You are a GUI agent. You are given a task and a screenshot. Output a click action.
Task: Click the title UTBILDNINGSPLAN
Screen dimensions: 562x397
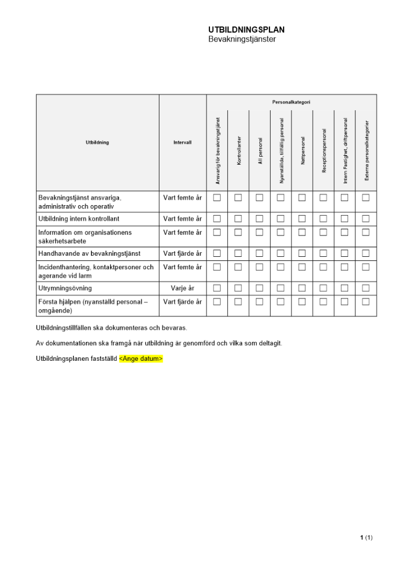242,30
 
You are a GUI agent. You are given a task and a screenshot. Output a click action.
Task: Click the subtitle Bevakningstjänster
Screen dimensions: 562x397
242,39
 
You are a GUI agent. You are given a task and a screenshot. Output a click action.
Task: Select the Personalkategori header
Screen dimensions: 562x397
291,102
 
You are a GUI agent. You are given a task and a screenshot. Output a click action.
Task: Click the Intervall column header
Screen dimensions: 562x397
182,143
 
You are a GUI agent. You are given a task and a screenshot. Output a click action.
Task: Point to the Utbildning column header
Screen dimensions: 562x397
98,143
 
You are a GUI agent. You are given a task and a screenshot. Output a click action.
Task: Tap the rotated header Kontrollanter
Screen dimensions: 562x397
239,149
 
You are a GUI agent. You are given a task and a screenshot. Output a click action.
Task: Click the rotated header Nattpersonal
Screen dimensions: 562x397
302,149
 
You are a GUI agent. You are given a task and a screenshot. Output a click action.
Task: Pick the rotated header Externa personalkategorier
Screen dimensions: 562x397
366,149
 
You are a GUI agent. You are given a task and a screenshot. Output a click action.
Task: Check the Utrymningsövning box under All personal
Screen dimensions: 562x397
259,288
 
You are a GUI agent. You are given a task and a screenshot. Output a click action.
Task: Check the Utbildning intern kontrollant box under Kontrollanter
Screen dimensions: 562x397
238,219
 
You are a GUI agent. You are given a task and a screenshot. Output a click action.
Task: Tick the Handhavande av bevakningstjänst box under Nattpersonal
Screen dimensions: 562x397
302,253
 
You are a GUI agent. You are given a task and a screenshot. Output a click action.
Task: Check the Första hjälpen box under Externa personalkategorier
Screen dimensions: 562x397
366,302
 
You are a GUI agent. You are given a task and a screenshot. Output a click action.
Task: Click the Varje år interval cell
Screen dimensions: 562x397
182,288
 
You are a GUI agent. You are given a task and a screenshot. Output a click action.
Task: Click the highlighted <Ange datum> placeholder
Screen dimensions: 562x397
140,358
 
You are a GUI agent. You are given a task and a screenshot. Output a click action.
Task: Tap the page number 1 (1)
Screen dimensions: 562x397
366,538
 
